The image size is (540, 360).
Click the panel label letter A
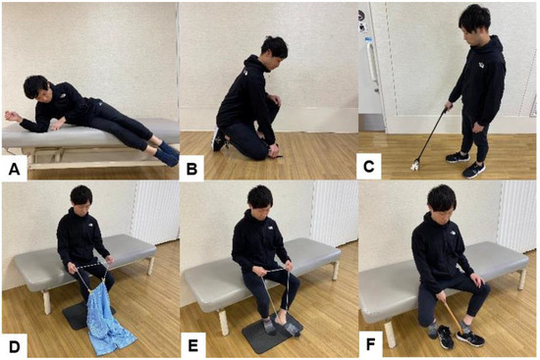click(x=14, y=169)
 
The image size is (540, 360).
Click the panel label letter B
click(x=191, y=169)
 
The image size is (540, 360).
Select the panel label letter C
click(x=368, y=167)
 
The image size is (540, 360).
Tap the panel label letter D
click(x=14, y=346)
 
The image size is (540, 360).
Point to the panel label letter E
click(x=192, y=345)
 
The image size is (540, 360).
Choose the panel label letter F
click(x=370, y=344)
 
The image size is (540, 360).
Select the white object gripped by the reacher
click(x=414, y=166)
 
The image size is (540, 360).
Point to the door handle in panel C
click(x=371, y=61)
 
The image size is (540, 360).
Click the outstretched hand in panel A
click(x=12, y=116)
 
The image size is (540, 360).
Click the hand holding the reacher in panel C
click(x=448, y=106)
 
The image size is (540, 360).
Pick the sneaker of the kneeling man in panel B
click(x=218, y=139)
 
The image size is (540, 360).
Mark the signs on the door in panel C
click(x=362, y=22)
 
